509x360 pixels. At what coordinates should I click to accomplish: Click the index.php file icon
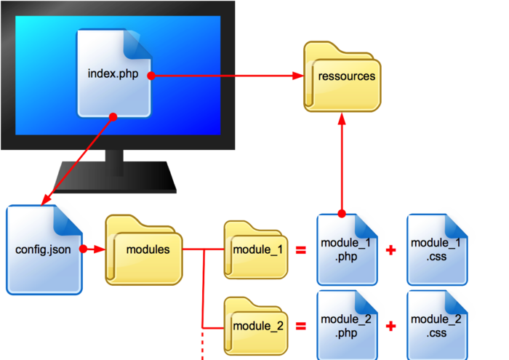(x=113, y=73)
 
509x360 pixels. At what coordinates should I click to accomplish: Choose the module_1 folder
(x=256, y=250)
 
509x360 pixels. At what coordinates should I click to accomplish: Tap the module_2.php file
(x=347, y=325)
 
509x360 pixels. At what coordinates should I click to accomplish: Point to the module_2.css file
(x=436, y=325)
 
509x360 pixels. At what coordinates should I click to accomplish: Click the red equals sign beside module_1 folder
(x=300, y=250)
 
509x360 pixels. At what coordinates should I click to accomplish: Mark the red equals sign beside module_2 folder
(x=300, y=325)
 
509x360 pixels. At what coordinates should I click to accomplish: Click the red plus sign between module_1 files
(x=391, y=250)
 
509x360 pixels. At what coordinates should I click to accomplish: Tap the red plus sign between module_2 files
(x=391, y=325)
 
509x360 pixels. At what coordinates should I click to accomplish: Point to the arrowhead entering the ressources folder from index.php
(x=298, y=76)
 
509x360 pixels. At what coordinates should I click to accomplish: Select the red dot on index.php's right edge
(x=151, y=76)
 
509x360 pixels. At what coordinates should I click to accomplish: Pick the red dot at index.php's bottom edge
(x=113, y=116)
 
